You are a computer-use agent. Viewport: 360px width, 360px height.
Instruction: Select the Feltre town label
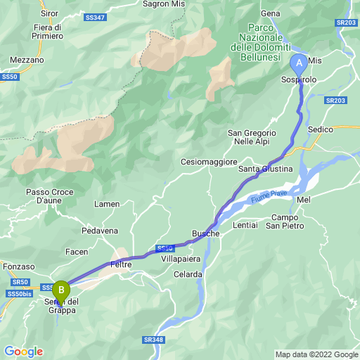tap(121, 264)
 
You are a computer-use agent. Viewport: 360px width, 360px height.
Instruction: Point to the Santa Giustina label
tap(265, 169)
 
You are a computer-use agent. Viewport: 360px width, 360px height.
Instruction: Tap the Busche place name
tap(205, 233)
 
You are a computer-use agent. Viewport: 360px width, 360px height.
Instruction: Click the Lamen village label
tap(107, 204)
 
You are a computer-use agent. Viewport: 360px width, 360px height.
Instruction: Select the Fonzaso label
tap(18, 266)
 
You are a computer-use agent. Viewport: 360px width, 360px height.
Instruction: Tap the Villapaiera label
tap(182, 259)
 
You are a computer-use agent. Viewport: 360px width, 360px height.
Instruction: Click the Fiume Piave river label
tap(268, 195)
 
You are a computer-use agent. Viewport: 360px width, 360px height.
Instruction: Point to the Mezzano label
tap(27, 60)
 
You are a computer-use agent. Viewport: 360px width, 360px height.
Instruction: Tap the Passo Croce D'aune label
tap(49, 196)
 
